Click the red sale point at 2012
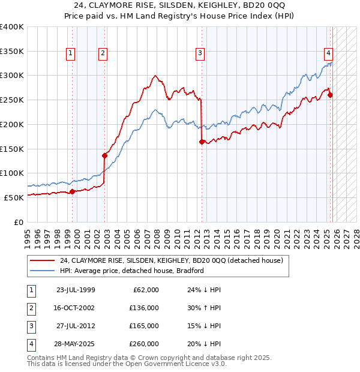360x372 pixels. click(x=201, y=142)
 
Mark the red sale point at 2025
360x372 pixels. click(x=331, y=95)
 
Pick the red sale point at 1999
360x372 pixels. click(x=73, y=191)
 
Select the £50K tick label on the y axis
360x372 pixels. click(x=14, y=197)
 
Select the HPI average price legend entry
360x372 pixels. click(x=132, y=271)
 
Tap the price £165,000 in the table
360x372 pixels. click(x=144, y=326)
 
